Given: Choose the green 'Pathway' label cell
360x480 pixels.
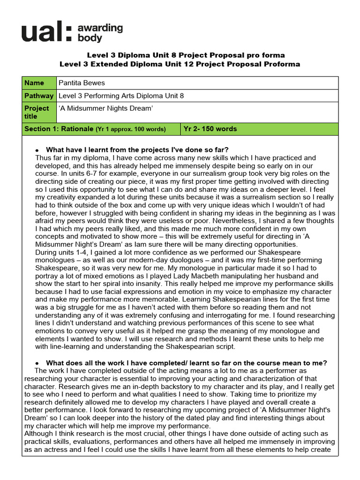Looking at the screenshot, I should click(38, 96).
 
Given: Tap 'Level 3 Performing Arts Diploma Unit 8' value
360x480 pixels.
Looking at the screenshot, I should click(121, 96).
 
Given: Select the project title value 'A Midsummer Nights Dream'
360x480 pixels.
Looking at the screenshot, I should click(106, 108).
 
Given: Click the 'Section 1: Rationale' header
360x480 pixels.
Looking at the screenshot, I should click(58, 129).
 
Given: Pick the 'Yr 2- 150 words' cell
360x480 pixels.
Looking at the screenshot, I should click(210, 129).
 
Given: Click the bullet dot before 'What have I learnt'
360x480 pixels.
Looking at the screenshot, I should click(37, 150).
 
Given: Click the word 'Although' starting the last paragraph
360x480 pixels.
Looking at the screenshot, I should click(39, 434).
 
